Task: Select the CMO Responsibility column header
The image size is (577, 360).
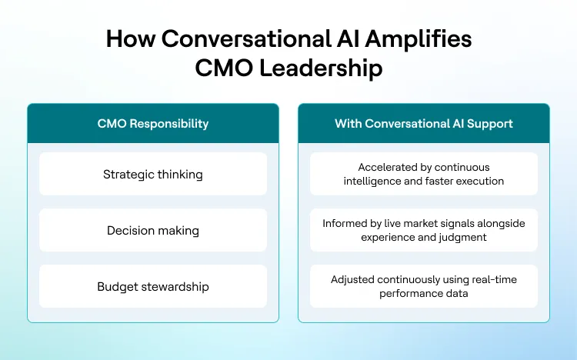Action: coord(153,123)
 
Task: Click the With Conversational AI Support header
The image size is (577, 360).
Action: coord(424,123)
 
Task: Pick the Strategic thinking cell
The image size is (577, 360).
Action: coord(153,174)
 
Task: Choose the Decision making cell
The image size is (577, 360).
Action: coord(153,230)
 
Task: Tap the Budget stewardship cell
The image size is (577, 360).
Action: coord(153,286)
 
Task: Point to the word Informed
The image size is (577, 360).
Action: coord(345,223)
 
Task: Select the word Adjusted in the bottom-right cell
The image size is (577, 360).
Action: coord(354,279)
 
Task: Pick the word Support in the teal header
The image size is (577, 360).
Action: coord(492,123)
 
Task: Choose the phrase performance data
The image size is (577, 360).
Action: coord(424,293)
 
